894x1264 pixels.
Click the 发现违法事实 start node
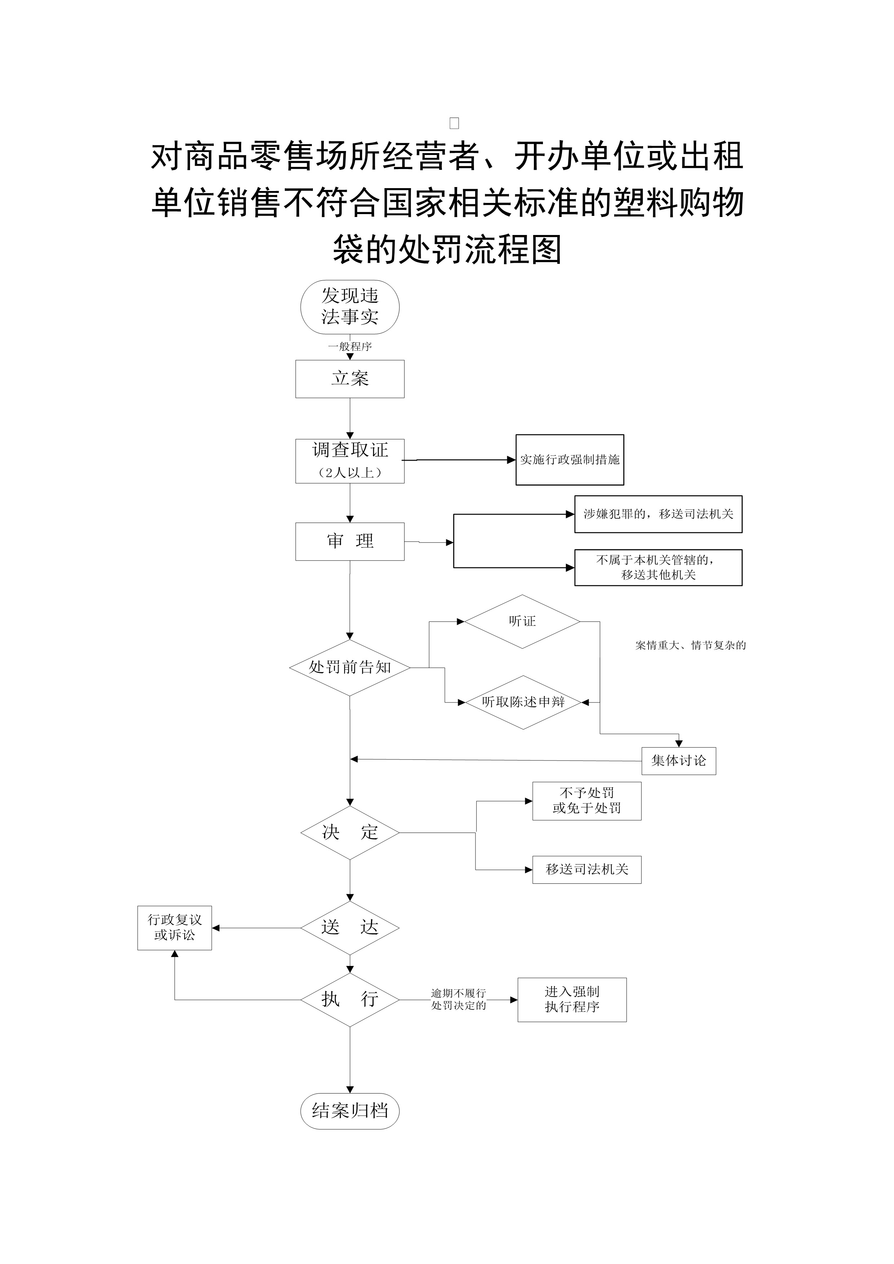350,307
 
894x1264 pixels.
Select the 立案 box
350,379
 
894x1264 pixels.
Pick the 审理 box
350,541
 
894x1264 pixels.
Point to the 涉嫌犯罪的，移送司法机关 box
658,514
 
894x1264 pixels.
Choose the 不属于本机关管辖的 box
658,567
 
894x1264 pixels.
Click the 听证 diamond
522,621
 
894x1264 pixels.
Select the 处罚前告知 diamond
350,667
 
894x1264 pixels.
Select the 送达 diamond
350,928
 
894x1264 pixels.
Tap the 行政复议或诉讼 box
174,928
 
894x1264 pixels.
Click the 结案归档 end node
350,1110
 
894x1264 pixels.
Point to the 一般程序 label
350,346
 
